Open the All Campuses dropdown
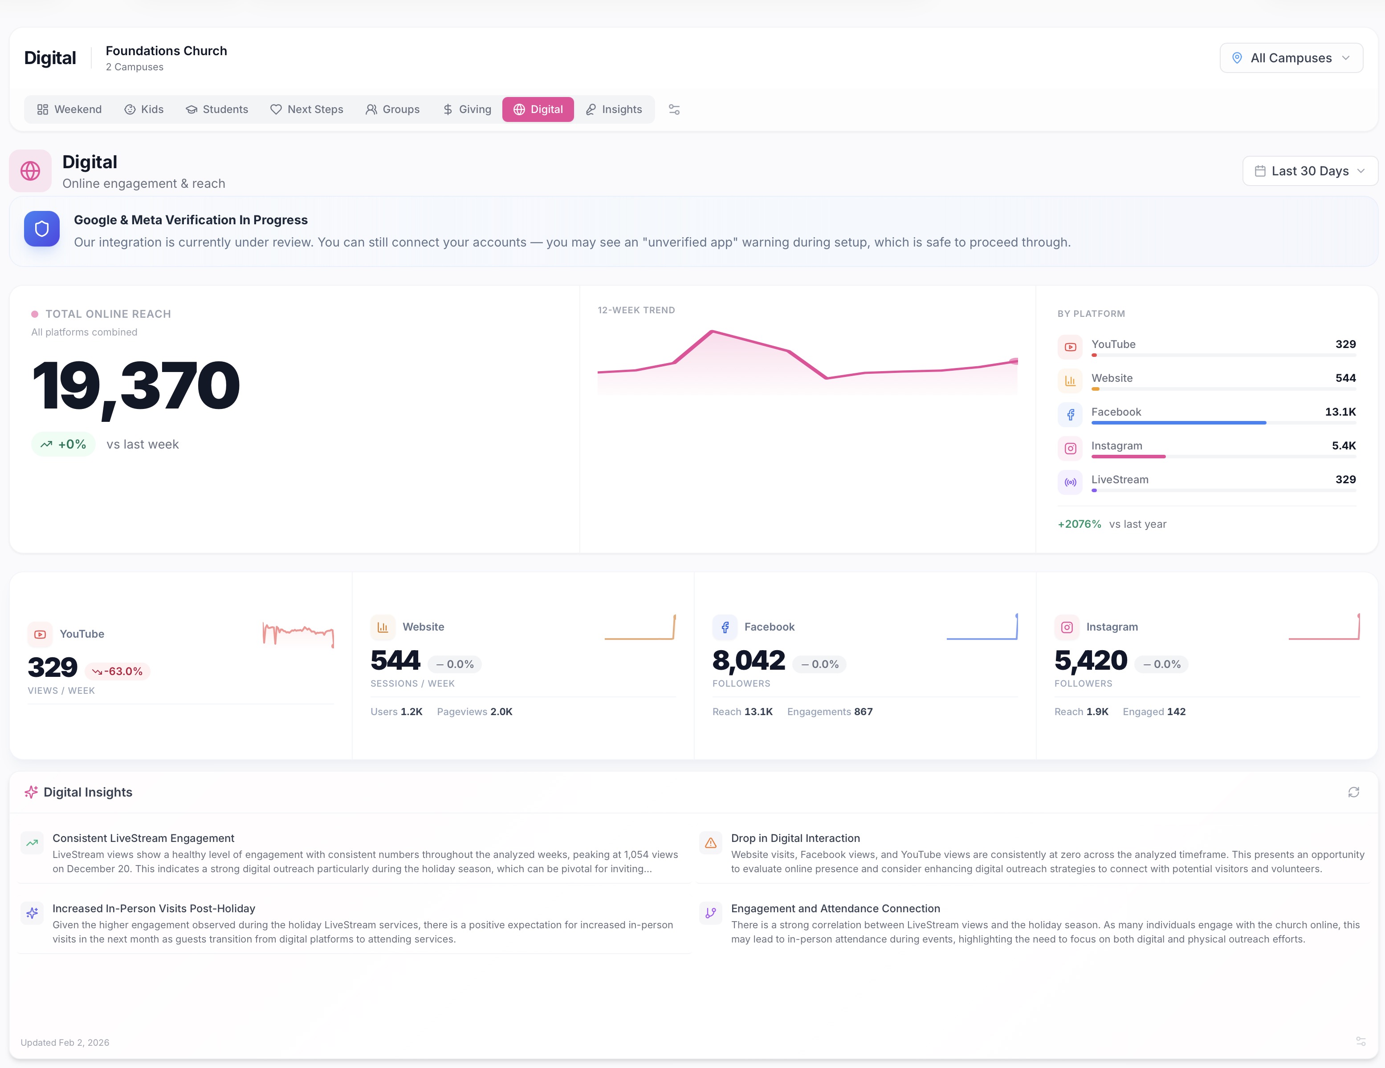(1291, 58)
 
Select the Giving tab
(467, 109)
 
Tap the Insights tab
(613, 109)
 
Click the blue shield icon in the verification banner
(42, 229)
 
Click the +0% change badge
(63, 444)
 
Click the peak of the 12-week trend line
(712, 331)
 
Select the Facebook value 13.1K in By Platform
(1340, 412)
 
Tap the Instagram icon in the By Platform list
(1070, 448)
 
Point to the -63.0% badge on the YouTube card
(118, 671)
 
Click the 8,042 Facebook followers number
(748, 661)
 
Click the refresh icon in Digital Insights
(1353, 792)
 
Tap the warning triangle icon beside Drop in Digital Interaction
(710, 843)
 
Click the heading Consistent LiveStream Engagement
(143, 838)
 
